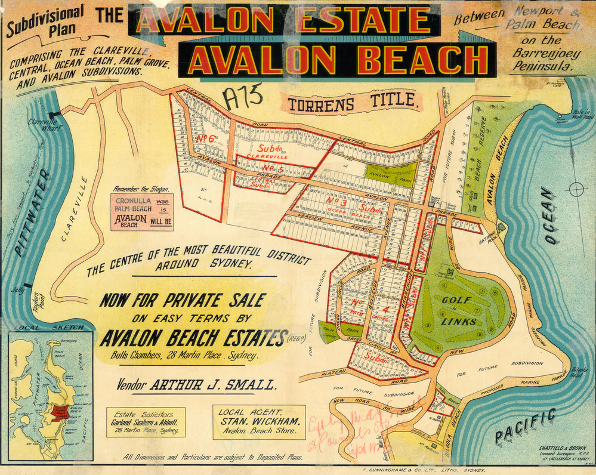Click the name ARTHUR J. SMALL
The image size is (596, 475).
(213, 385)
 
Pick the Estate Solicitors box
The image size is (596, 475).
(145, 422)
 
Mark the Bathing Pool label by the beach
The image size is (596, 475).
(489, 238)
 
